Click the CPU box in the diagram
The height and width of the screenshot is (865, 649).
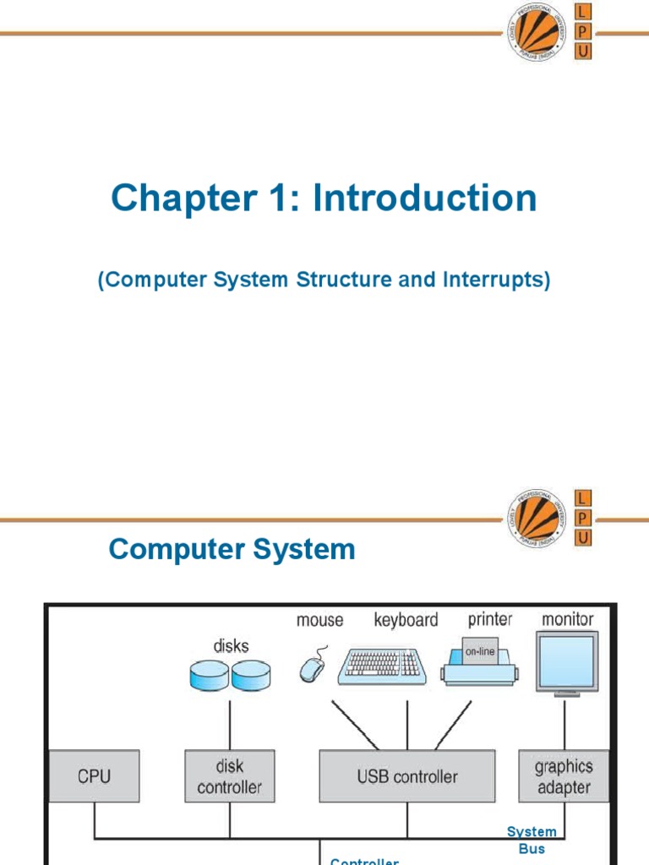93,776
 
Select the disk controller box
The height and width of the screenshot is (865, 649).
229,776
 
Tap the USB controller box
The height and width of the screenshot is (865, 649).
407,776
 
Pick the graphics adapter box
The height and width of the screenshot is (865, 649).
563,776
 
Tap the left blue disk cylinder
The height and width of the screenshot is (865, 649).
210,674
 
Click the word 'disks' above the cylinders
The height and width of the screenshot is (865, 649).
231,645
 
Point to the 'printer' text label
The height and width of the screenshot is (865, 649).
490,619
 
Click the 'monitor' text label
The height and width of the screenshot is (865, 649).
567,619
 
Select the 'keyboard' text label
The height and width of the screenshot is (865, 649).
406,620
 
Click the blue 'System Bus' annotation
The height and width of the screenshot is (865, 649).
532,841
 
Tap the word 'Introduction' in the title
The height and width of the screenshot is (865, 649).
425,199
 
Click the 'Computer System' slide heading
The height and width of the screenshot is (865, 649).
232,550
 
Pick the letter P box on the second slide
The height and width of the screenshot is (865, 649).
583,516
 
